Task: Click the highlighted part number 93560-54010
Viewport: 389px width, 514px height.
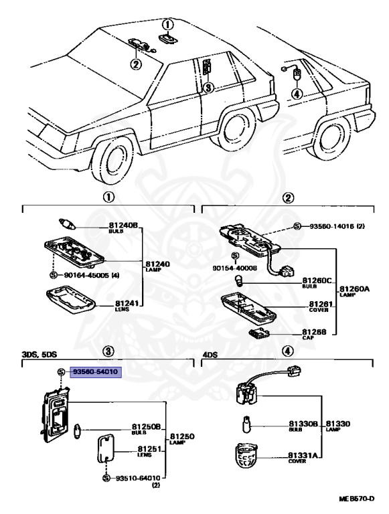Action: pyautogui.click(x=92, y=371)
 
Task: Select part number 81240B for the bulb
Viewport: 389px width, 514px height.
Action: pyautogui.click(x=123, y=227)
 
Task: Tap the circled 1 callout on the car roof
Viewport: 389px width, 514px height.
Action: pyautogui.click(x=167, y=23)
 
